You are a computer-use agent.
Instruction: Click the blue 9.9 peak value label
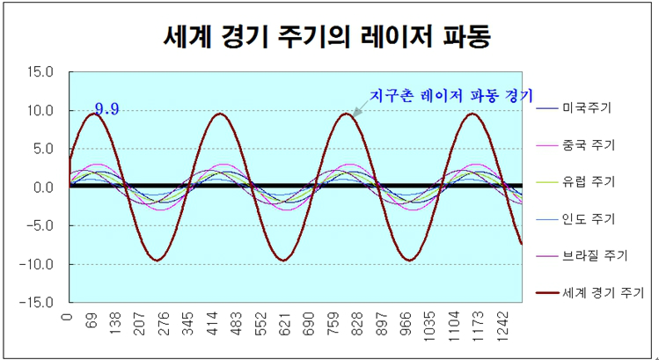(107, 109)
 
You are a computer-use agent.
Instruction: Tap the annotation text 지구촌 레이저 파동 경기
(450, 94)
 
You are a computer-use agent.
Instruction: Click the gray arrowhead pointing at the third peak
(357, 111)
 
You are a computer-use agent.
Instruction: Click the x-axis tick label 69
(91, 320)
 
